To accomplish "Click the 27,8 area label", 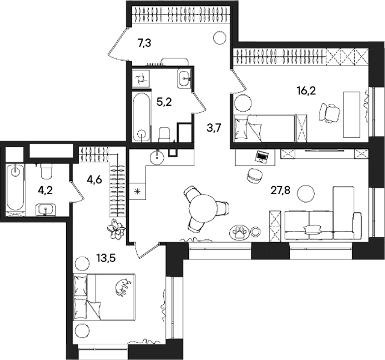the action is click(x=280, y=191).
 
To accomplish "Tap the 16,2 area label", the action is click(x=306, y=91).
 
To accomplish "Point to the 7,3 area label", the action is click(x=144, y=43).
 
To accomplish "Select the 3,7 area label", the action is click(x=214, y=128).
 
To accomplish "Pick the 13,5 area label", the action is click(x=106, y=258).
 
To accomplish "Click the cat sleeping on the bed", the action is click(x=123, y=287).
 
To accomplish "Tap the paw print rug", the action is click(x=239, y=232).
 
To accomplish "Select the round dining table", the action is click(x=203, y=208).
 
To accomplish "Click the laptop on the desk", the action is click(x=262, y=156).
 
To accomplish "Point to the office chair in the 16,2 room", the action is click(x=330, y=112).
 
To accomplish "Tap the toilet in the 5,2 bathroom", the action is click(x=164, y=135).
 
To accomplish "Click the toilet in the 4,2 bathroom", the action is click(x=46, y=171).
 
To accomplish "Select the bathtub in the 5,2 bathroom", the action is click(x=141, y=117).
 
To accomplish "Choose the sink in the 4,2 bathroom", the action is click(x=46, y=210).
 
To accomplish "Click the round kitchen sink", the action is click(x=158, y=157).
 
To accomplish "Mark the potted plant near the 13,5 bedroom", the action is click(x=116, y=229).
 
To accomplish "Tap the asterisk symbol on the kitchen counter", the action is click(x=138, y=191).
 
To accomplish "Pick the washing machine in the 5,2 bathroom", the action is click(x=140, y=78).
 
